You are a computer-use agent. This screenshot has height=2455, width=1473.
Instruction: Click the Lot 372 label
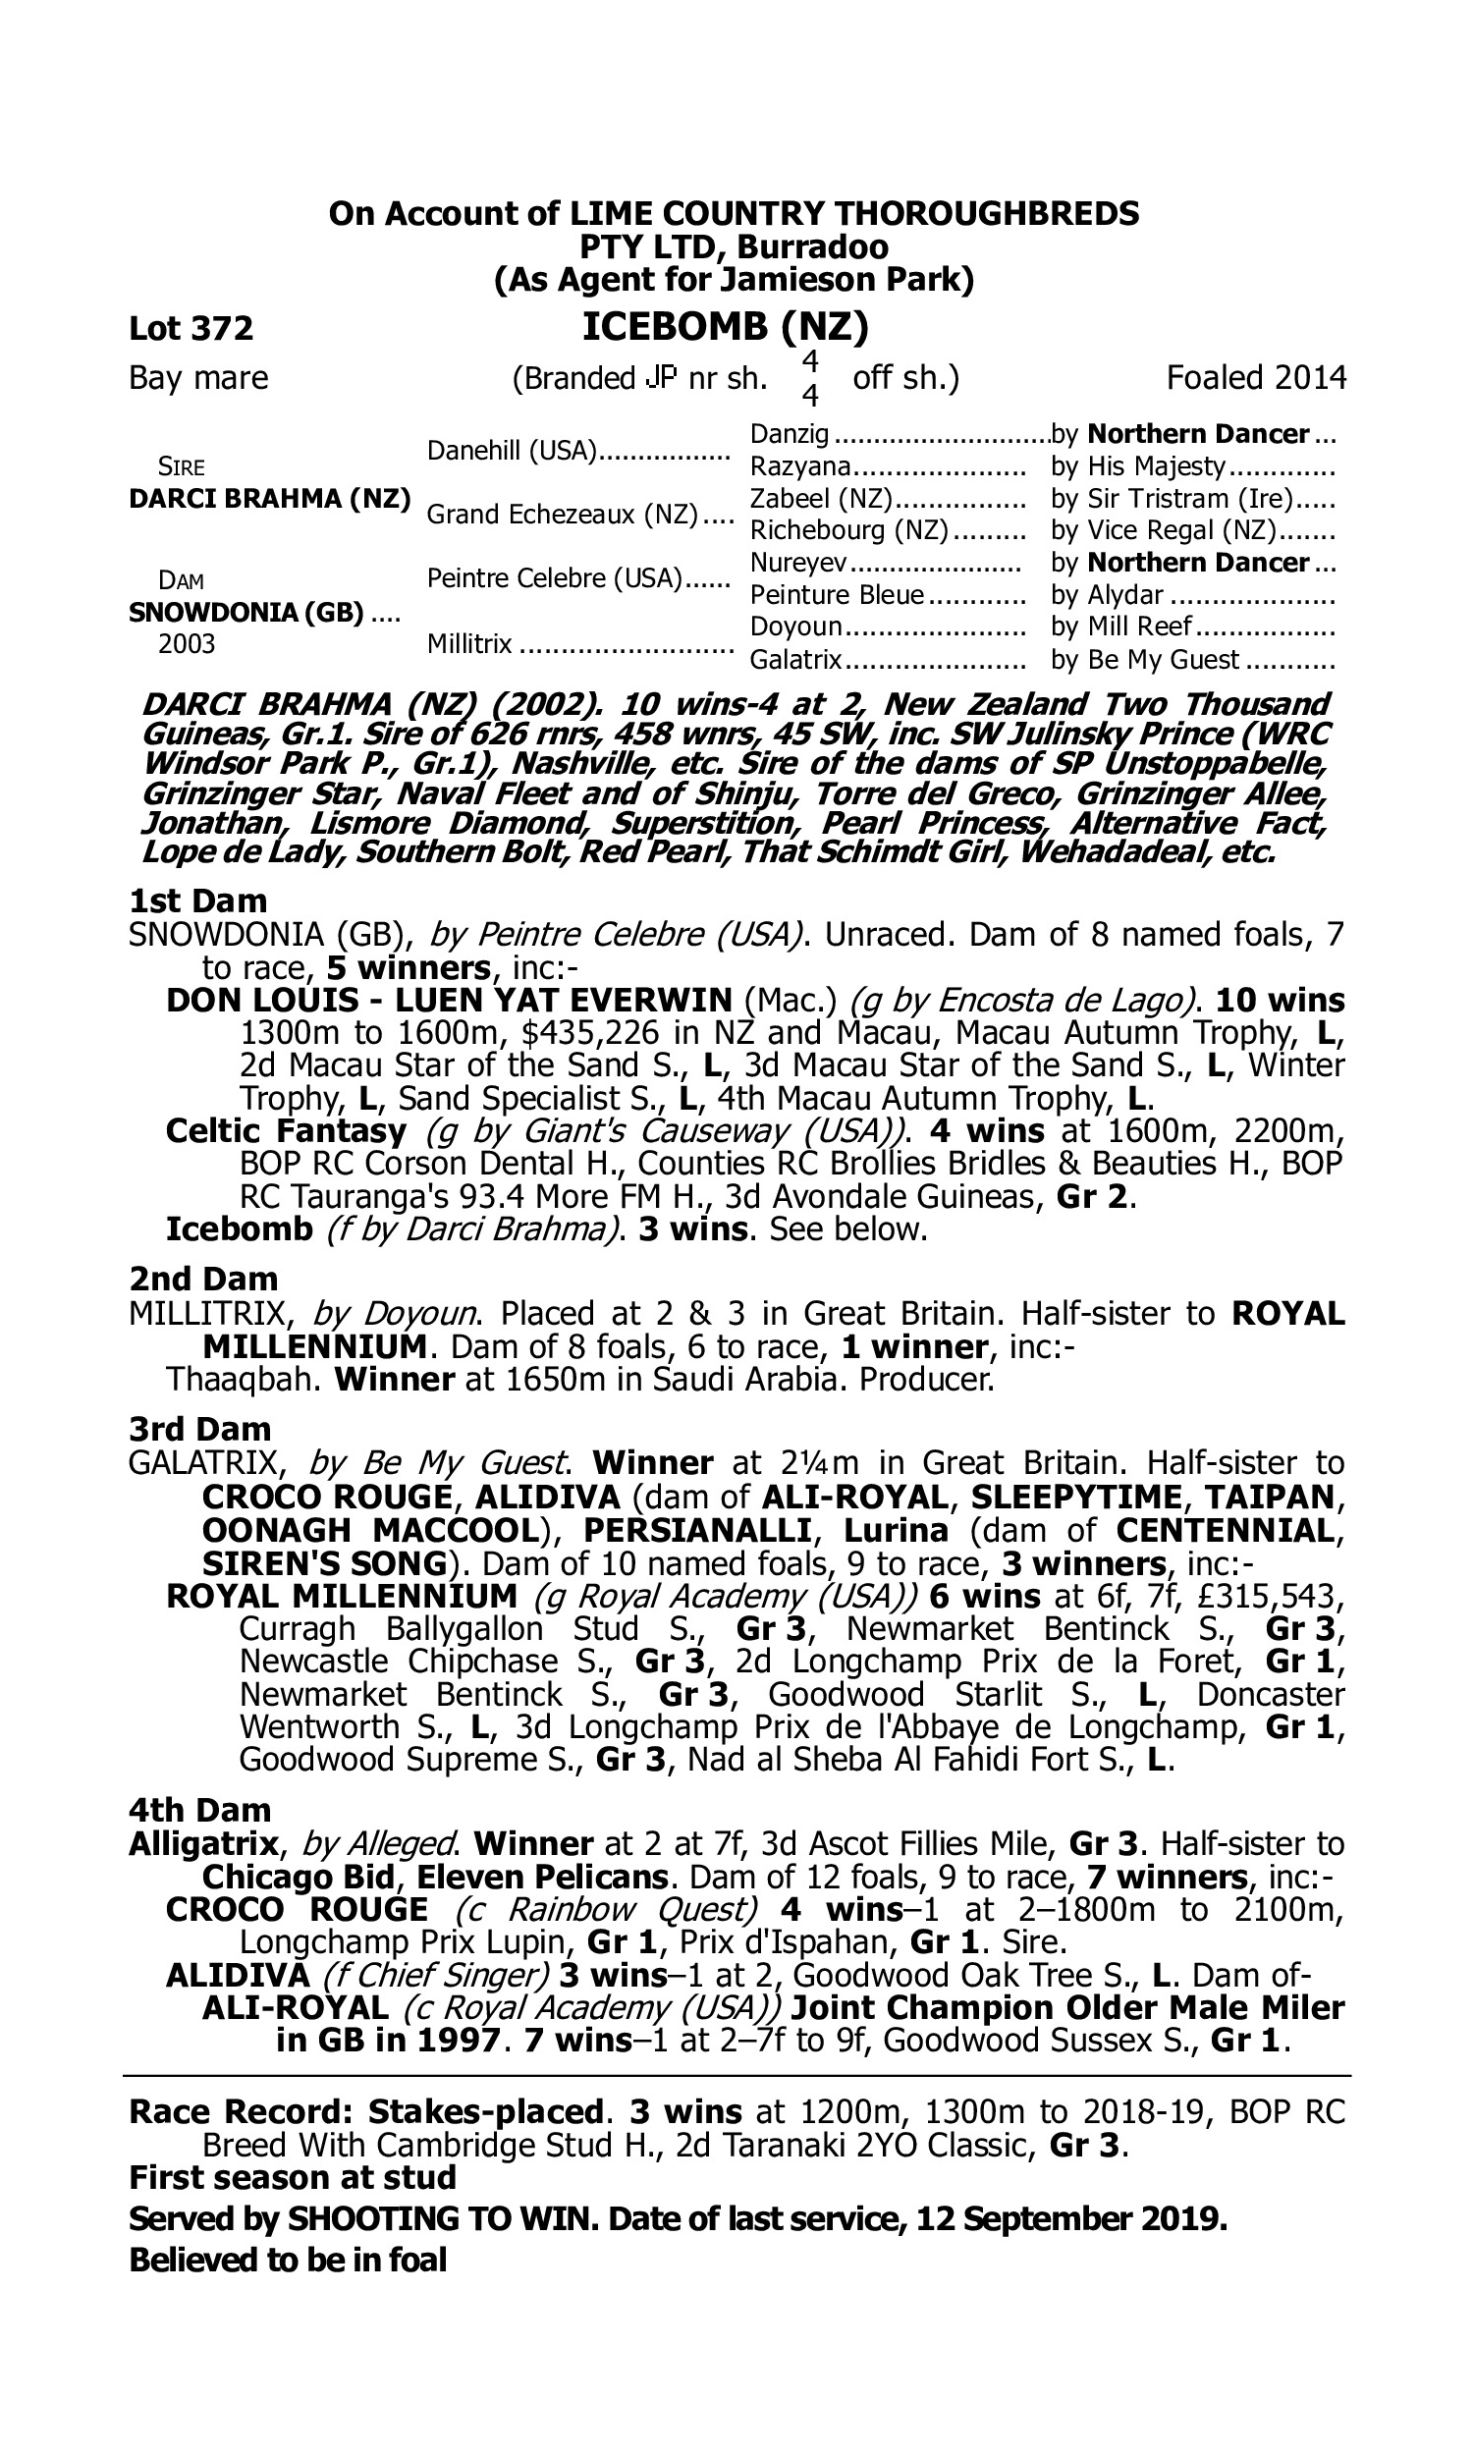(191, 328)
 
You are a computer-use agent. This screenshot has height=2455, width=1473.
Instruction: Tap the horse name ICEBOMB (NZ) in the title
(726, 326)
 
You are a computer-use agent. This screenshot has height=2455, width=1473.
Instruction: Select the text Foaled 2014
(1256, 378)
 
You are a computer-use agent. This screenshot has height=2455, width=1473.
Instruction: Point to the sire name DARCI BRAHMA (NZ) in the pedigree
(269, 498)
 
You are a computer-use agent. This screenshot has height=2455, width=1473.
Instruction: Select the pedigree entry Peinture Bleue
(837, 595)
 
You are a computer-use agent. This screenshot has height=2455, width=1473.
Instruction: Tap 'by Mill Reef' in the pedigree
(1120, 627)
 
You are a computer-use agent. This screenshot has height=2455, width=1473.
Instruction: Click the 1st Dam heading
(198, 901)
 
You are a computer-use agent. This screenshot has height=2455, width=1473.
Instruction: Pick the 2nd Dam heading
(202, 1280)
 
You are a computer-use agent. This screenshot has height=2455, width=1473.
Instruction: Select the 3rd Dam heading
(199, 1430)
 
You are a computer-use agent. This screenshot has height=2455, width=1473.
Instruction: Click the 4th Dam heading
(199, 1811)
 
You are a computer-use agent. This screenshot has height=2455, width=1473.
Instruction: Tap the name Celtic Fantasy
(286, 1131)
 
